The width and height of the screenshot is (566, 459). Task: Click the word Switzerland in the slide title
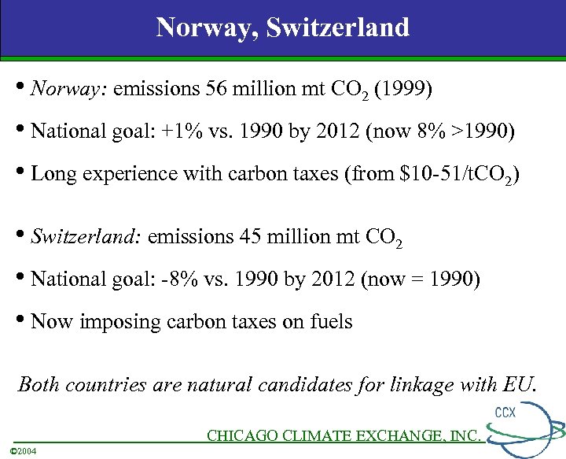click(338, 28)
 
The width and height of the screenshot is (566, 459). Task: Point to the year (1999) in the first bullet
click(402, 89)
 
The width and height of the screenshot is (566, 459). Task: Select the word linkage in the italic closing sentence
click(426, 384)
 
